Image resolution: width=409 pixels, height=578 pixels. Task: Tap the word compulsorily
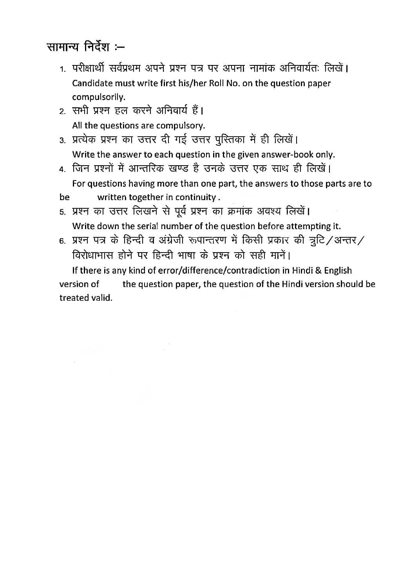point(98,97)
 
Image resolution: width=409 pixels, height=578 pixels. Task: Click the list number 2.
point(62,112)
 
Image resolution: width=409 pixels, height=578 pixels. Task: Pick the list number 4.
point(62,170)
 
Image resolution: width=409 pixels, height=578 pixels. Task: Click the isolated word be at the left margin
point(64,197)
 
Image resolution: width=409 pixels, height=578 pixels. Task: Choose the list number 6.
point(62,241)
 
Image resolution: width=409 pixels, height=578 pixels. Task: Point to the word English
point(338,271)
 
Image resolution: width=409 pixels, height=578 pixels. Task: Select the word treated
point(74,298)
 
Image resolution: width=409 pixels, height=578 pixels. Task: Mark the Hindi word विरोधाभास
point(93,256)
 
